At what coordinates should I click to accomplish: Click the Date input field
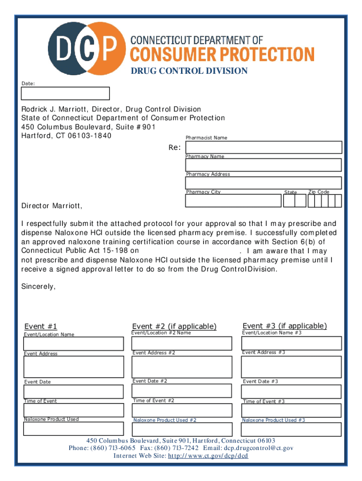click(65, 93)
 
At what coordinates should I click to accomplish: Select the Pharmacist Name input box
click(263, 147)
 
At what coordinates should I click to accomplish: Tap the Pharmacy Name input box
click(263, 165)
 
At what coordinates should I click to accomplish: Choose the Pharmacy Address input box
click(263, 183)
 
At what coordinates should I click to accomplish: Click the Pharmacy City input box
click(233, 201)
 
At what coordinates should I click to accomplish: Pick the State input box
click(294, 201)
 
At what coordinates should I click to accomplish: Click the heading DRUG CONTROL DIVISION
click(189, 71)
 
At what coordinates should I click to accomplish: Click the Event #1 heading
click(41, 326)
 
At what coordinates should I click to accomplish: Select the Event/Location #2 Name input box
click(182, 343)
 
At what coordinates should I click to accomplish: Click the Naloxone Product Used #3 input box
click(291, 429)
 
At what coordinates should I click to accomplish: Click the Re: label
click(175, 147)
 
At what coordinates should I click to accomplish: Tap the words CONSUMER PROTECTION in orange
click(222, 54)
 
